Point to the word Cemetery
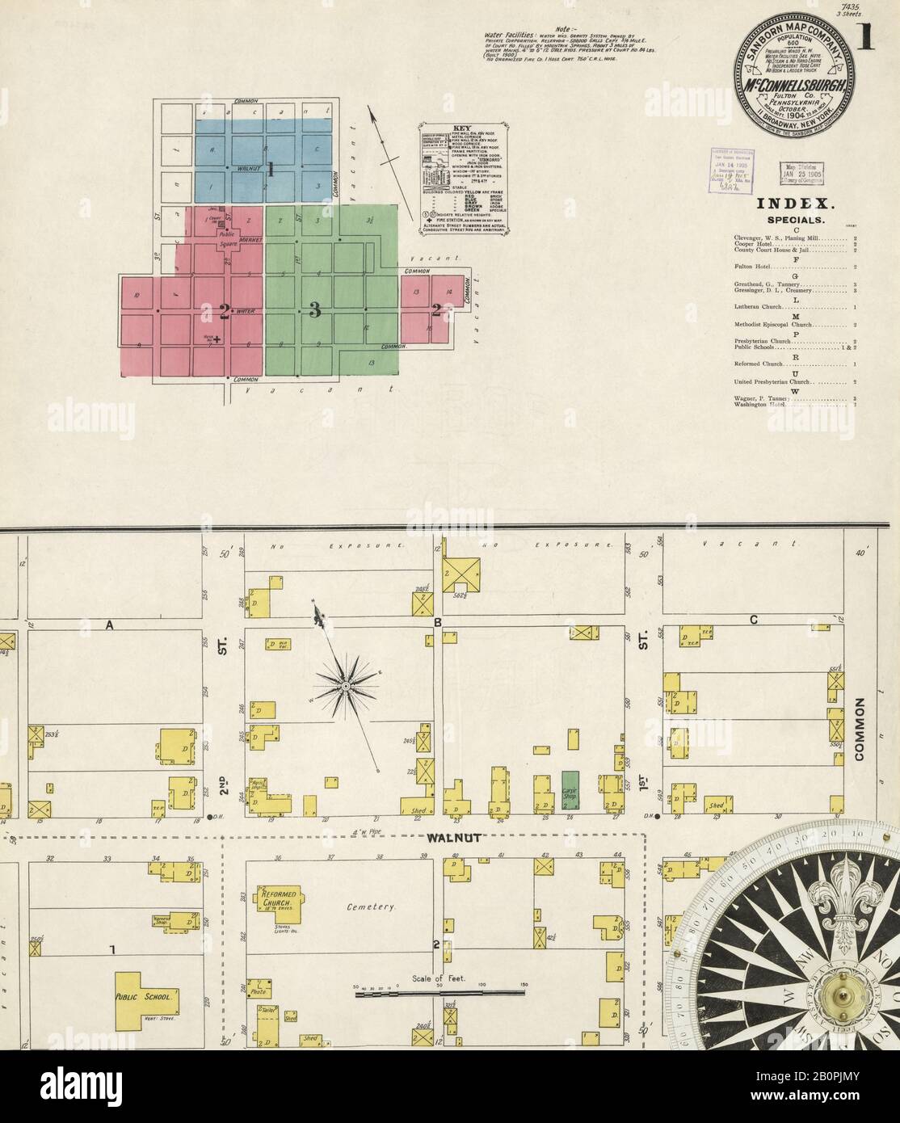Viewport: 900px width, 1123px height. tap(371, 907)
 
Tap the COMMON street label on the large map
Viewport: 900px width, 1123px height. tap(860, 730)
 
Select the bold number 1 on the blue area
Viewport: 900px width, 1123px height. tap(271, 170)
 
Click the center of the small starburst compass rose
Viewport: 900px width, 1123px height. tap(346, 686)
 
